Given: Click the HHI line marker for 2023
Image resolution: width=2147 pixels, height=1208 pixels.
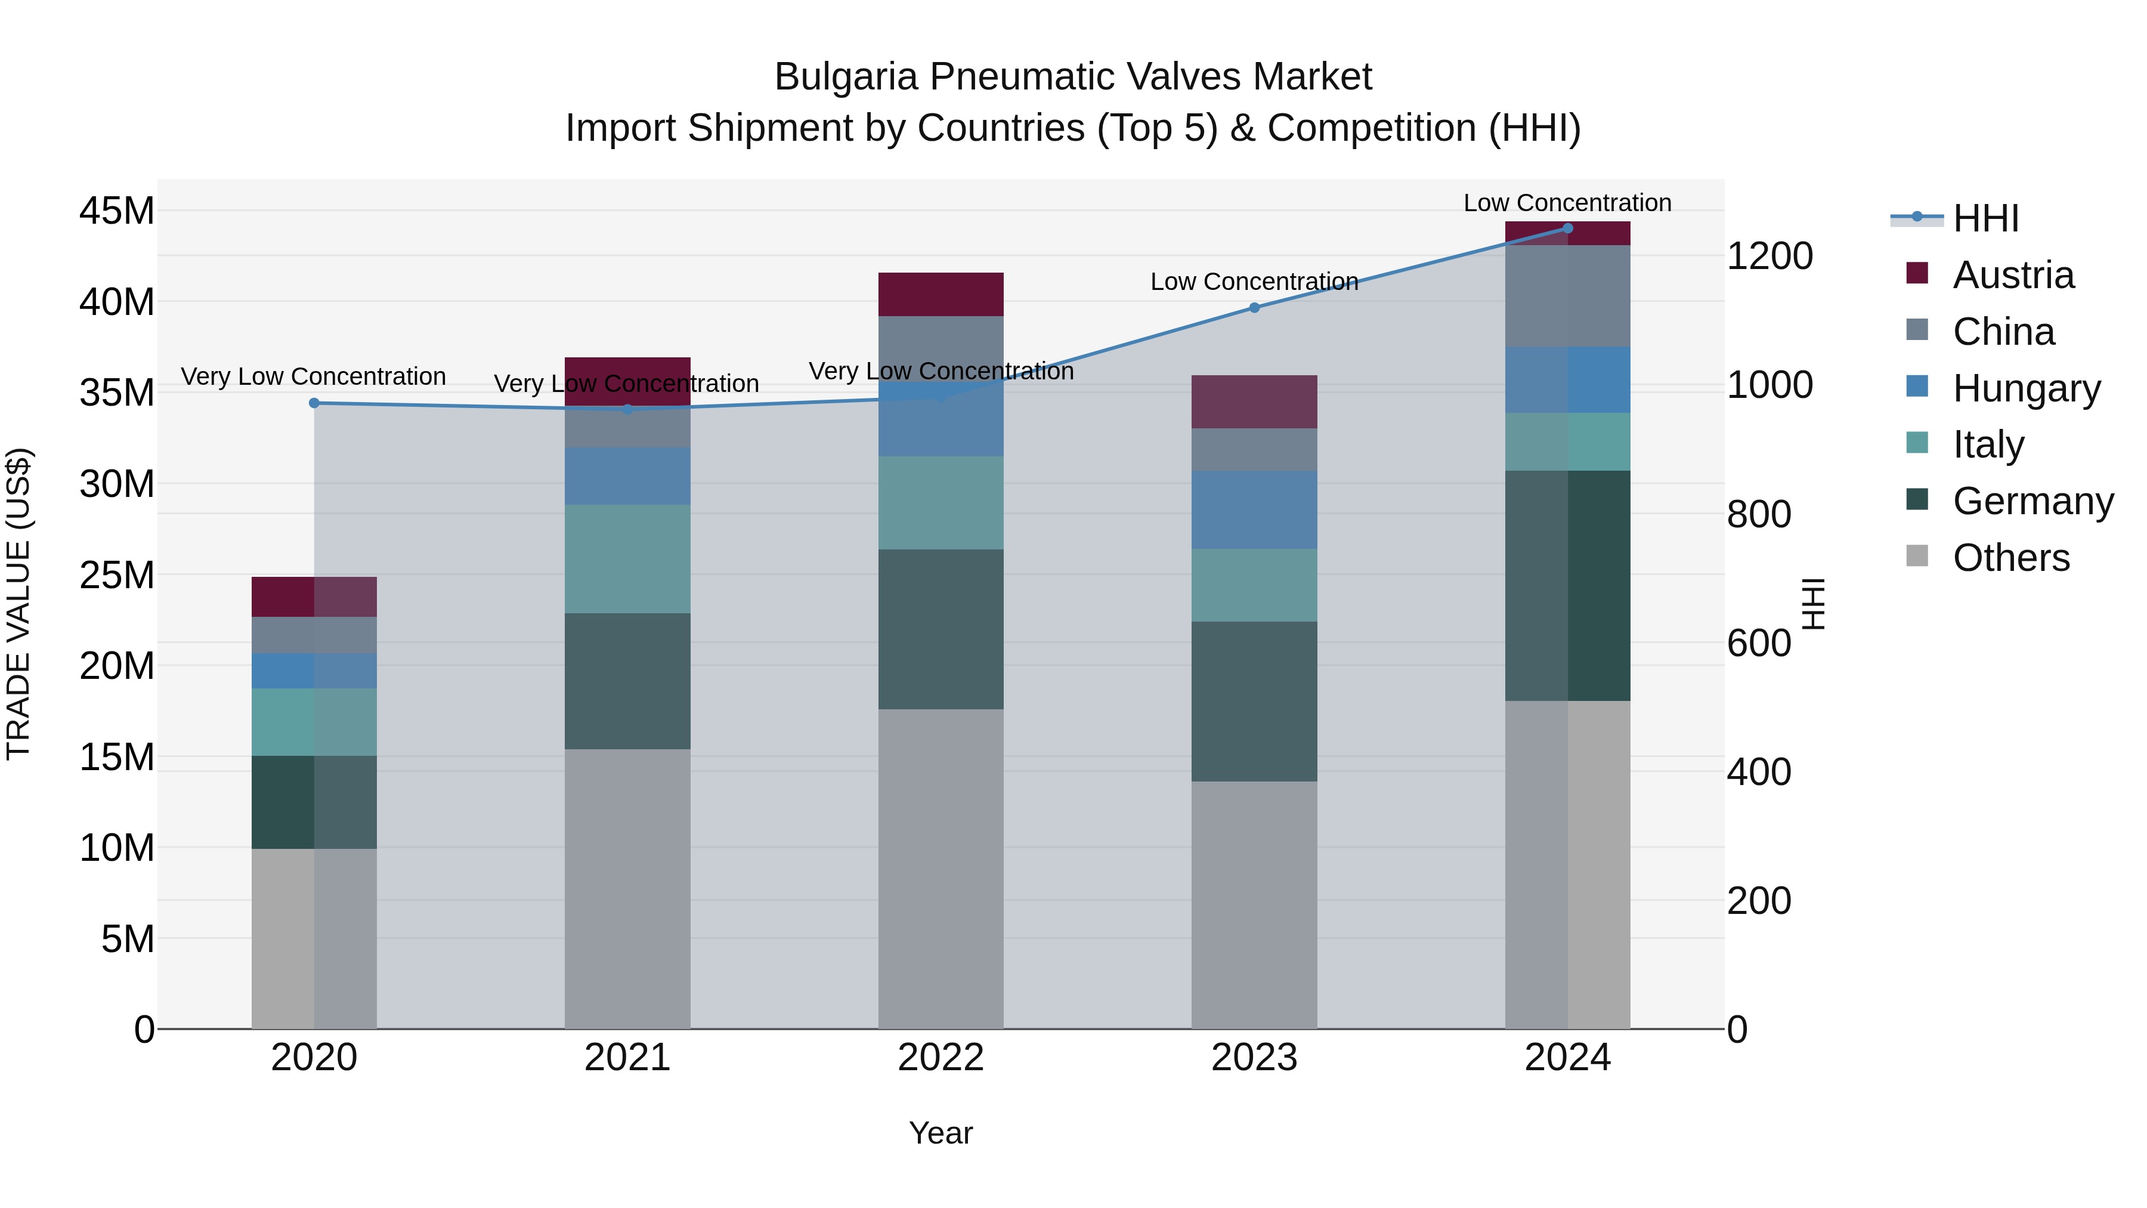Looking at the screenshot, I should pos(1254,308).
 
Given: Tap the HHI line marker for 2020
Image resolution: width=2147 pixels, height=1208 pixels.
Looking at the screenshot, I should pos(314,403).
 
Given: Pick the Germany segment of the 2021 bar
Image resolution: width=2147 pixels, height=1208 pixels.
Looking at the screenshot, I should pos(627,681).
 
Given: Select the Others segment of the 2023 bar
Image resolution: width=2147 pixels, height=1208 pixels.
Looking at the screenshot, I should pos(1254,904).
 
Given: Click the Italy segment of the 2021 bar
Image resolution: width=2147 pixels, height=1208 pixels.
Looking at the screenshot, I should pos(627,558).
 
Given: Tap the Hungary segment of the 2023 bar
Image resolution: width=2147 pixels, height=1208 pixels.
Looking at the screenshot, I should pos(1254,509).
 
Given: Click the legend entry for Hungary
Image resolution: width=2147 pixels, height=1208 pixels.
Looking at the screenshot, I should pos(2025,388).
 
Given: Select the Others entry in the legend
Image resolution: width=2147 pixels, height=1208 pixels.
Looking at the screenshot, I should pos(2010,558).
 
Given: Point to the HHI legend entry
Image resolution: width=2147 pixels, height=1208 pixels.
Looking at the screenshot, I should pos(1985,218).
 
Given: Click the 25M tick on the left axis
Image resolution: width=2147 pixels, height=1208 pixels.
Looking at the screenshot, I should pos(117,575).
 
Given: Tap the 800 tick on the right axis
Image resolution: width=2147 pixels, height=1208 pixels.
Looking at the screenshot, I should pos(1759,514).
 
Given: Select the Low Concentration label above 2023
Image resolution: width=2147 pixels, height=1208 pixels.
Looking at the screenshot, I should pos(1254,282).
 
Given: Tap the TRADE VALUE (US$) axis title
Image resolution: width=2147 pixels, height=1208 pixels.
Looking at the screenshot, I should pos(18,604).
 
